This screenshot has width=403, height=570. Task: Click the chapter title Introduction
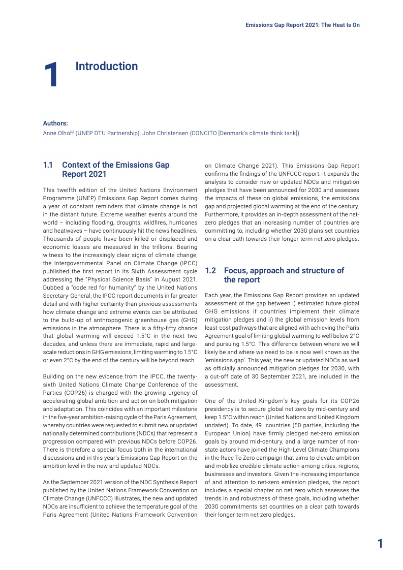click(x=106, y=67)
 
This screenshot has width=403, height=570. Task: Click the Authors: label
click(x=55, y=123)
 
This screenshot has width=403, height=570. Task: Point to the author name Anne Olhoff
click(x=58, y=134)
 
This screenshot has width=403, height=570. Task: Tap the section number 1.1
click(x=48, y=165)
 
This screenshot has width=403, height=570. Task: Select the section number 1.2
click(x=210, y=271)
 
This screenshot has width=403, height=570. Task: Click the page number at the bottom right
click(x=380, y=544)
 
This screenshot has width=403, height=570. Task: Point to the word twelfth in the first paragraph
click(x=67, y=189)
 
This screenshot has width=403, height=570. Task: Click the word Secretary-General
click(x=64, y=296)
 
